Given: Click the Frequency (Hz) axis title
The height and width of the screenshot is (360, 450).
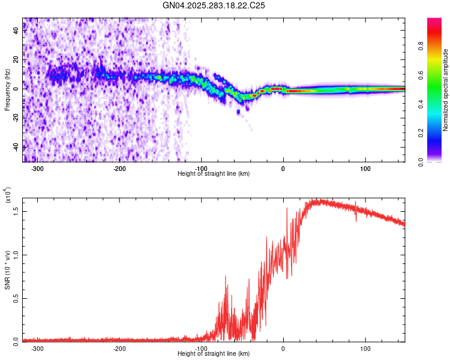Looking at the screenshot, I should coord(7,89).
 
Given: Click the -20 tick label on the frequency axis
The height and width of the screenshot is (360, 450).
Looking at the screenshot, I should coord(16,118).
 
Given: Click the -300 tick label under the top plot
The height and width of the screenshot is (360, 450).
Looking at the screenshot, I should coord(37,168).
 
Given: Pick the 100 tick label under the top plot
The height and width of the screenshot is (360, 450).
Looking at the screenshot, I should coord(365,168).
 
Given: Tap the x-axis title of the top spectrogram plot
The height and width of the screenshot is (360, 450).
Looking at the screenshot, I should coord(214,174).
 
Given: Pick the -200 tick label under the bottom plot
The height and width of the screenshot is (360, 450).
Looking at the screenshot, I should coord(119,348).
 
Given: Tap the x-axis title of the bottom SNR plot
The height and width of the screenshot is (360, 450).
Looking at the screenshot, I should coord(214,354).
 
